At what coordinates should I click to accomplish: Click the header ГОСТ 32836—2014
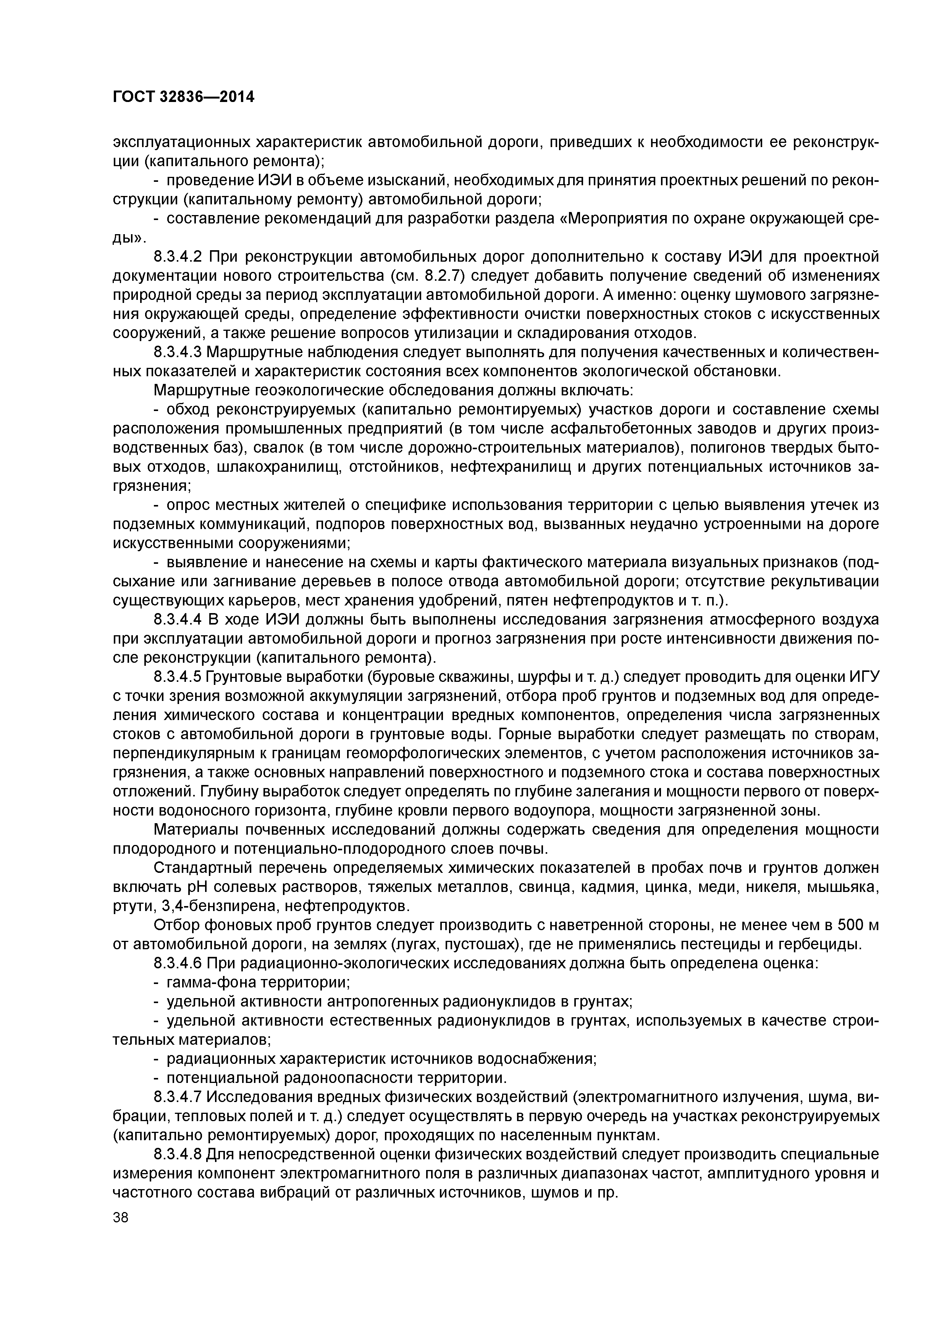point(183,97)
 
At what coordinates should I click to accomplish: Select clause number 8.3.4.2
point(178,256)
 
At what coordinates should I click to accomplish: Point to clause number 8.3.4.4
point(178,619)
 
